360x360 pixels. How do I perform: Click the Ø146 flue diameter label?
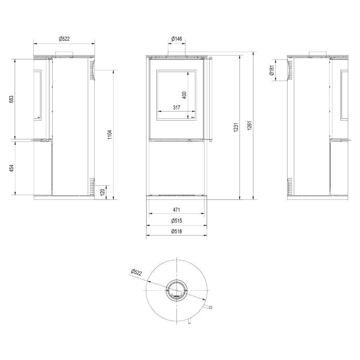[x=176, y=39]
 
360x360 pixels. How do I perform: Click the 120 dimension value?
[x=103, y=192]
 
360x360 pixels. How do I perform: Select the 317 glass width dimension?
[x=176, y=107]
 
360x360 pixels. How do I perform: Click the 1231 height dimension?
[x=236, y=128]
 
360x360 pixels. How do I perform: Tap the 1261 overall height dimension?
[x=250, y=126]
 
